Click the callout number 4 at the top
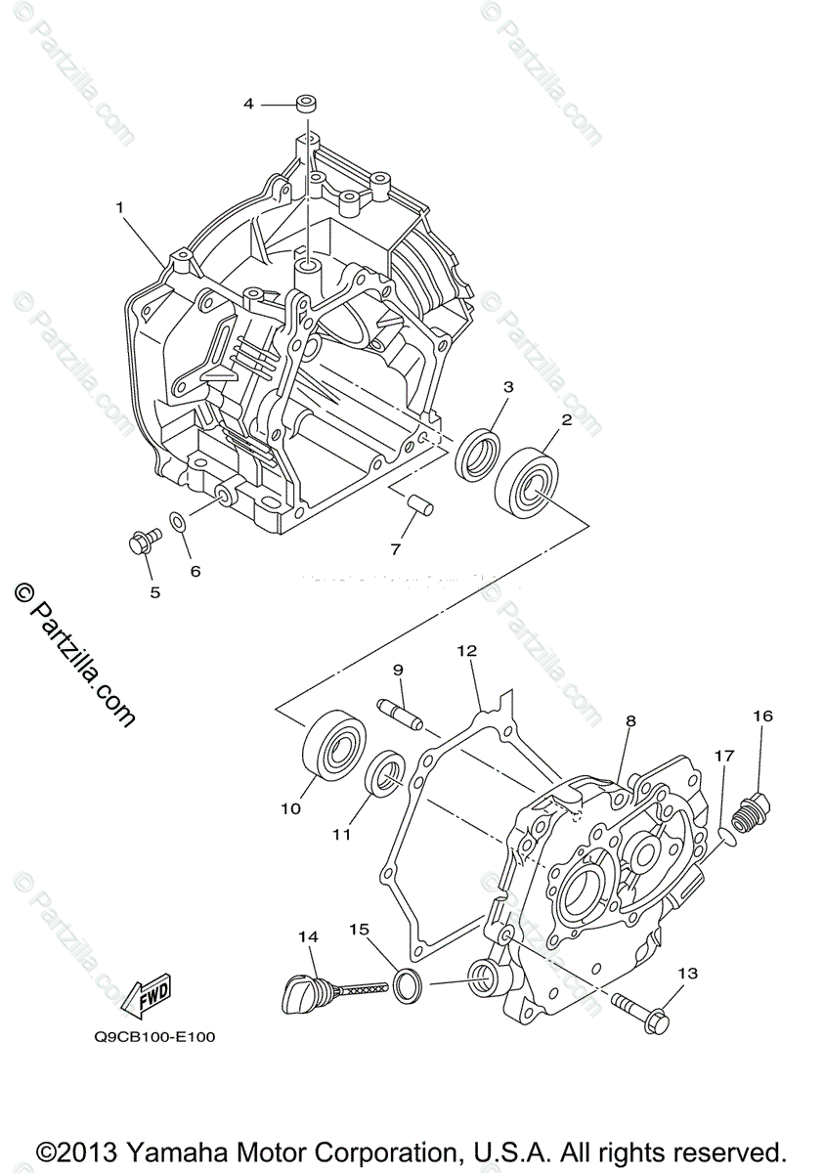(248, 103)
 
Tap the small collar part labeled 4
(307, 104)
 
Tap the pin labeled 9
(400, 713)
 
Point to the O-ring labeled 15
(409, 985)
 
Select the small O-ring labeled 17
(723, 834)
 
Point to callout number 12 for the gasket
(466, 650)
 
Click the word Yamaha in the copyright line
(175, 1150)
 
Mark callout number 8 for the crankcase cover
(630, 720)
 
